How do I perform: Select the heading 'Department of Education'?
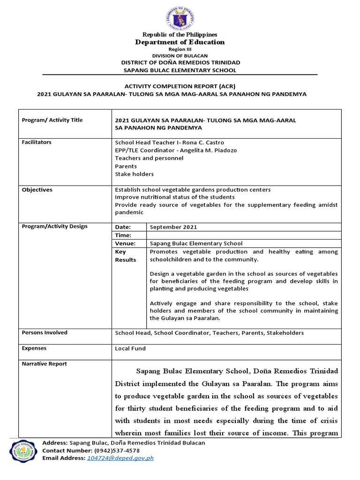coord(180,42)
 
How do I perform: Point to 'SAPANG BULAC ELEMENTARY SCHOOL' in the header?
coord(180,70)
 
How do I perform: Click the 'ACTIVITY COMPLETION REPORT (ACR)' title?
coord(180,86)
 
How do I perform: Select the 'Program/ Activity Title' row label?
coord(52,120)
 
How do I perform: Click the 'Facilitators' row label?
coord(37,142)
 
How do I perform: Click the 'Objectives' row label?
coord(37,190)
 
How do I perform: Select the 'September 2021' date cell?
coord(173,227)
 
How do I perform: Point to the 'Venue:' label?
coord(125,243)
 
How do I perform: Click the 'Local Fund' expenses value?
coord(130,348)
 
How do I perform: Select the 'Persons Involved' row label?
coord(45,332)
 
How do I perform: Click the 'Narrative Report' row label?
coord(44,364)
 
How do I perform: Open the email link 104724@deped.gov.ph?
coord(120,458)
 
